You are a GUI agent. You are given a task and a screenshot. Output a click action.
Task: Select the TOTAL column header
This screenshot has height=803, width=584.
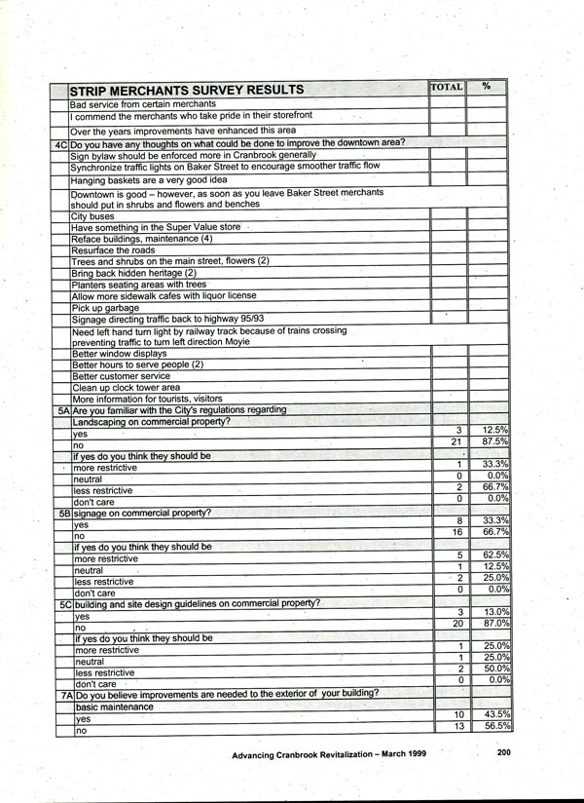[446, 87]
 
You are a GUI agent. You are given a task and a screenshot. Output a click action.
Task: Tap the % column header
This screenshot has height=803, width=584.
[487, 87]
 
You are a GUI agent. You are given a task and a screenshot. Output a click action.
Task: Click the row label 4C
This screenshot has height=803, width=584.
[59, 143]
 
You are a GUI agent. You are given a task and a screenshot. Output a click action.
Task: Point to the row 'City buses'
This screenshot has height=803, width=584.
[92, 216]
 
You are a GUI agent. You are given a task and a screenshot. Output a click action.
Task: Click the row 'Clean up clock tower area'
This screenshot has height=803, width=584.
[126, 387]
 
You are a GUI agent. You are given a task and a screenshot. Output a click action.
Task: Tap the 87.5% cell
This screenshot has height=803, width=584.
[493, 442]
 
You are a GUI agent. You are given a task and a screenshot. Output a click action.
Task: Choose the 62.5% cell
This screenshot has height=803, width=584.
[493, 555]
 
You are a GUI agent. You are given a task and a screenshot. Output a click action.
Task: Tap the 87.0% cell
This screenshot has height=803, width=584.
[493, 624]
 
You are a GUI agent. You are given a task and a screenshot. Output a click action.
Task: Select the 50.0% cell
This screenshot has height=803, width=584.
[493, 669]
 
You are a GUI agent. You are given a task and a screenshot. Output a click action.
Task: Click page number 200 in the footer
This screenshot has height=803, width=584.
[503, 752]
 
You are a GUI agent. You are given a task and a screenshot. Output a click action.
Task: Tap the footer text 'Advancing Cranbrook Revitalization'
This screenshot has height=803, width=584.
[311, 755]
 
